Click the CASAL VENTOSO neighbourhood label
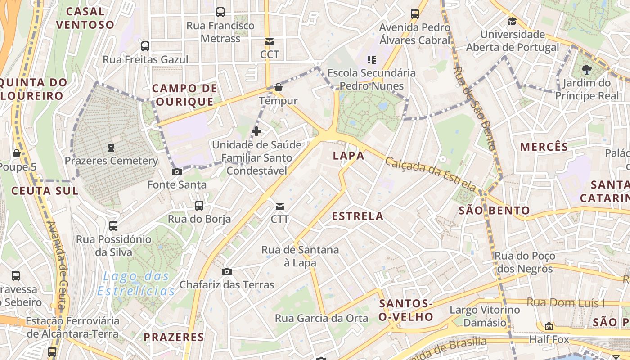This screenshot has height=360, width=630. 85,18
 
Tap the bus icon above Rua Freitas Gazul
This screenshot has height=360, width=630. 145,46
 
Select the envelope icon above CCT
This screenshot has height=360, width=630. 270,42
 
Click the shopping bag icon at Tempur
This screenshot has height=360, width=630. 279,87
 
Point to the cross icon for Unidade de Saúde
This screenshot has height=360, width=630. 256,131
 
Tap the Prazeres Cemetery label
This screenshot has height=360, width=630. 111,161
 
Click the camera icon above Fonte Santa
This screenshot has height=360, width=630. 177,171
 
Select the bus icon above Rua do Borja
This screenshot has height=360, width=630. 199,206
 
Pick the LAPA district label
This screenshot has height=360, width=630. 348,156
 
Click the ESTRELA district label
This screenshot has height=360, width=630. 358,216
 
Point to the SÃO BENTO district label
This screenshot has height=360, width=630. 494,210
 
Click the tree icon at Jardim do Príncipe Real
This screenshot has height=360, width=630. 586,69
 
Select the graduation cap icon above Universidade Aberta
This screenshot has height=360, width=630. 512,21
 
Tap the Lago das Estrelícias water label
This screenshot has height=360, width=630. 136,283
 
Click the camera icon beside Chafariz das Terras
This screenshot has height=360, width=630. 227,271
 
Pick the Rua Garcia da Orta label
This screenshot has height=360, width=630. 321,318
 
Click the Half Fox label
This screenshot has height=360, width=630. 549,339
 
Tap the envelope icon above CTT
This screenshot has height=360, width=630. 280,206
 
